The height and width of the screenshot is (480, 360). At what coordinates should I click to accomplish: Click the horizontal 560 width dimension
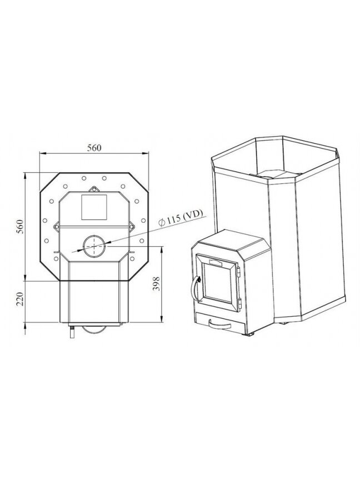(94, 148)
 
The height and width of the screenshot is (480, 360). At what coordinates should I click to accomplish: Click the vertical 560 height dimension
(20, 227)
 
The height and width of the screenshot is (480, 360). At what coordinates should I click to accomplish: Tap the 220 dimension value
(20, 299)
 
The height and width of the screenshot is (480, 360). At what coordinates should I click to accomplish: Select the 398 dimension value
(156, 284)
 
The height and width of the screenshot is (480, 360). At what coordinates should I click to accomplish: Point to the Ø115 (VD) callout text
(181, 218)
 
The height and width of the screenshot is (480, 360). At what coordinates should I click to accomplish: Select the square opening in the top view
(94, 207)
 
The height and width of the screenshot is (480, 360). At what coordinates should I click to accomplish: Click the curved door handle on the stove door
(193, 288)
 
